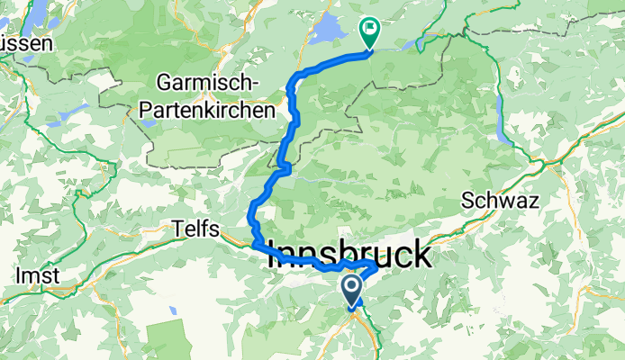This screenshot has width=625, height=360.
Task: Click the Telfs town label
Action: coord(195,230)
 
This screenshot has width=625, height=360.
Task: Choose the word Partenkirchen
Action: coord(207,111)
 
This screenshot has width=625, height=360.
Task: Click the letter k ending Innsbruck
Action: coord(421,256)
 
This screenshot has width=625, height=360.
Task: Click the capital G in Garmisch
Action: coord(164,82)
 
